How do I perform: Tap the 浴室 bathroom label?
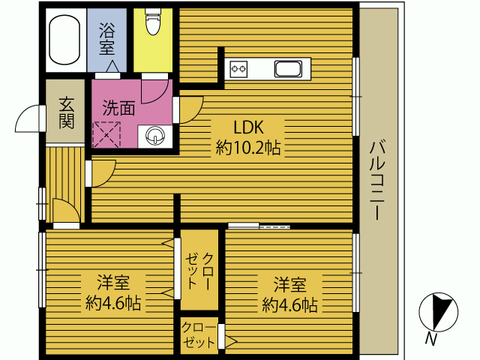coord(107,38)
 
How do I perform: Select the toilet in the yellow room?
coord(153,23)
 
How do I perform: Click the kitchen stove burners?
coord(239,70)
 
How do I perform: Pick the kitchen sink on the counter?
coord(289,70)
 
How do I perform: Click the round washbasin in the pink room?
coord(155,136)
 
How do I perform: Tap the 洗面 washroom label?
coord(118,108)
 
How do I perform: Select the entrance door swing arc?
coord(28,118)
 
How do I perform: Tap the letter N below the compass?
coord(430,339)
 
